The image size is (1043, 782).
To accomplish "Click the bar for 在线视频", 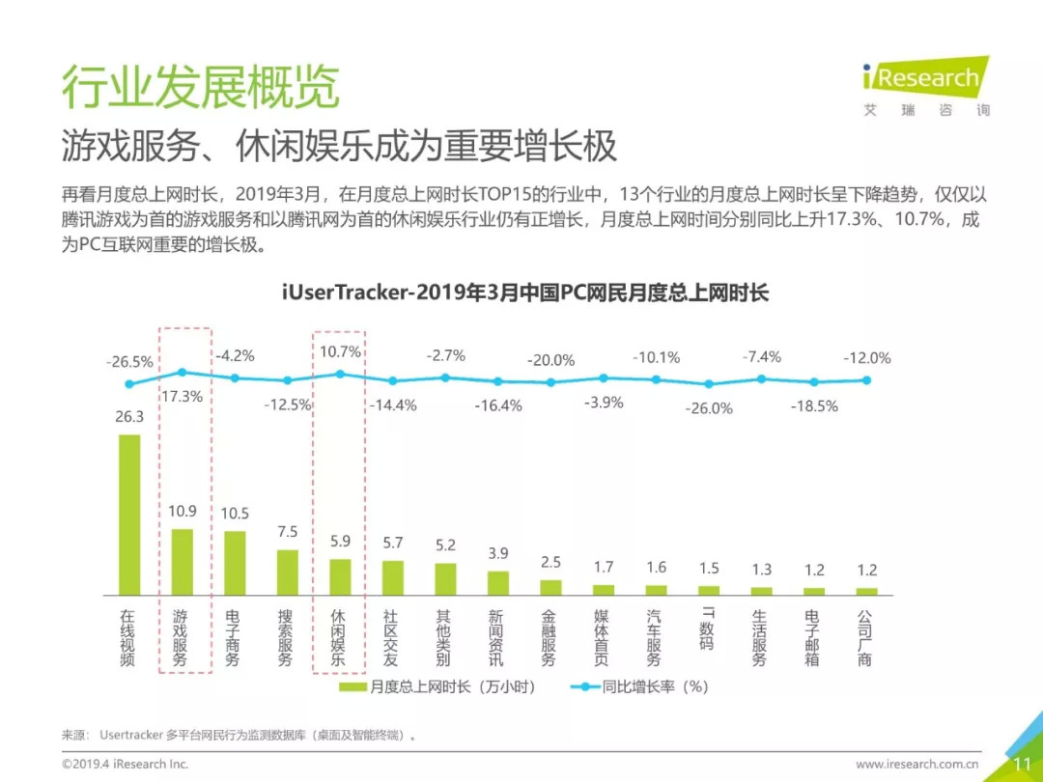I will (x=129, y=514).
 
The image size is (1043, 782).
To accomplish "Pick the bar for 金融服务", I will (x=550, y=587).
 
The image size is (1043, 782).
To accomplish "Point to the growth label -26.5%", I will (x=129, y=362).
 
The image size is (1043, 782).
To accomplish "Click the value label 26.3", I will (x=129, y=417).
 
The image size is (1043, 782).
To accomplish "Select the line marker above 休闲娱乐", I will (x=339, y=374).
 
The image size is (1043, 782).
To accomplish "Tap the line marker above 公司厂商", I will (x=867, y=379).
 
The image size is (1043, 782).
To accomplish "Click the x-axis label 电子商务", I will (x=234, y=637).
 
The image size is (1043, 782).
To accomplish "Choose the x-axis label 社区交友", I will (x=391, y=637).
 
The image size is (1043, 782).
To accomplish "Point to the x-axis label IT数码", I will (x=708, y=628).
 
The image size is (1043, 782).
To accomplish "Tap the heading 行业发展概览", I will (x=201, y=87).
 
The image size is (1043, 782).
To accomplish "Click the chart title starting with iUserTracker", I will (x=524, y=293).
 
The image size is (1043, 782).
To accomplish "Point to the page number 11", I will (x=1022, y=764).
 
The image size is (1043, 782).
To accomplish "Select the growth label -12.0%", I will (x=866, y=358).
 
